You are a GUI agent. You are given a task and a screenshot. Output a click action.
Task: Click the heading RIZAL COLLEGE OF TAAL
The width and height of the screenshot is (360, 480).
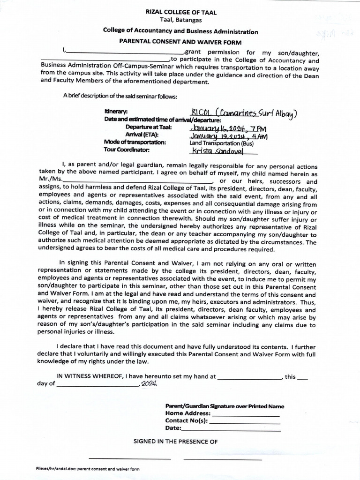(180, 13)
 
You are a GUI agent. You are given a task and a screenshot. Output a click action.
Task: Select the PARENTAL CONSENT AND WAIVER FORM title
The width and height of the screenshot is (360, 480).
(180, 42)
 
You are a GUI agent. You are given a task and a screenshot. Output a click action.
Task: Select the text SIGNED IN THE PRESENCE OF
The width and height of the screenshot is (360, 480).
(176, 442)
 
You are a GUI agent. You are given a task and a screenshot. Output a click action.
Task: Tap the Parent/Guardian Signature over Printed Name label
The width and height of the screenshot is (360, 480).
(225, 406)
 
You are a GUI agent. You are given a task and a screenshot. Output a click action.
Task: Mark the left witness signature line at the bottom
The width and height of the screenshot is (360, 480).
(130, 458)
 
